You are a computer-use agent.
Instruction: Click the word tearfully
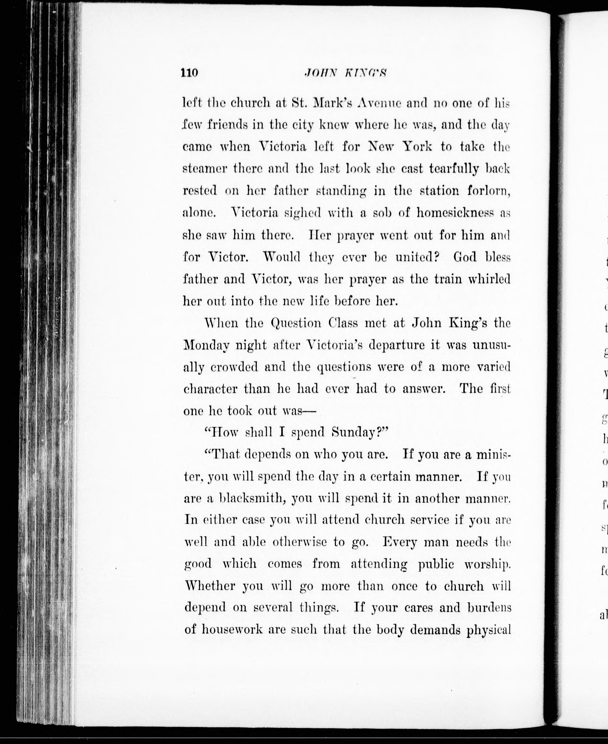click(x=454, y=169)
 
